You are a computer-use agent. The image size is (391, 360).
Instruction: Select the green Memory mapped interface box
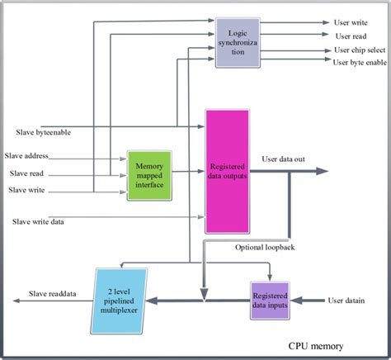[149, 174]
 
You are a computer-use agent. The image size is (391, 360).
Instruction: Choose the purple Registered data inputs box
[272, 300]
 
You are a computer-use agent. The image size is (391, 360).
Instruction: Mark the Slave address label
[27, 156]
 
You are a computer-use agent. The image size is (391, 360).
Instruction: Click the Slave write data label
[39, 221]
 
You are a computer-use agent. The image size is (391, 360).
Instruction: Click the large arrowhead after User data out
[320, 172]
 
